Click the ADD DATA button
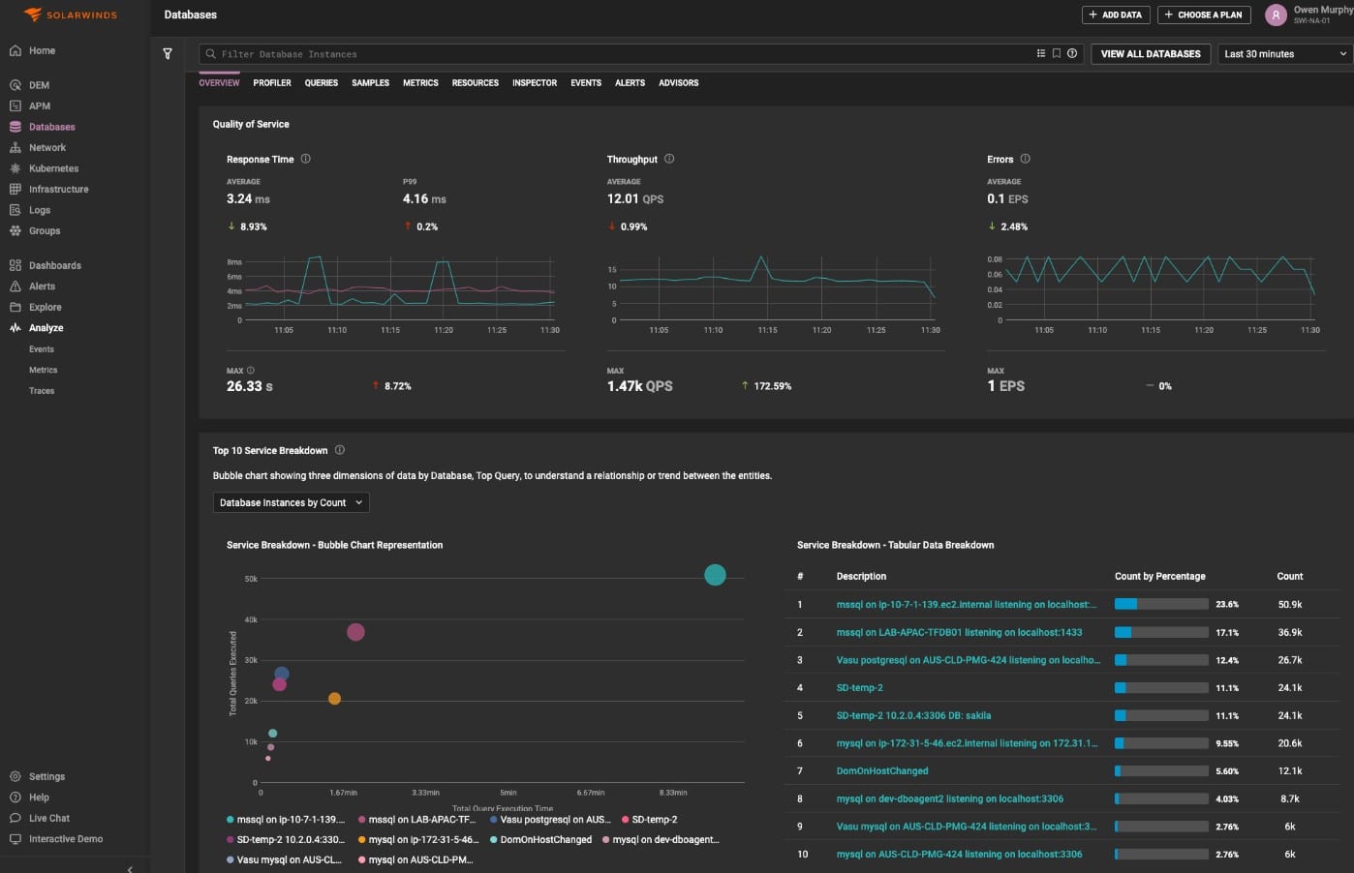coord(1115,15)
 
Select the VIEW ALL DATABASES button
coord(1150,54)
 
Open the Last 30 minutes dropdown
coord(1284,54)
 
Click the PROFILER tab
coord(272,83)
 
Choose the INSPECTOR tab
coord(535,83)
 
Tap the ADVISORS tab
coord(678,83)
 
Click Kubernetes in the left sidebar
coord(53,168)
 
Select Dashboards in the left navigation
coord(54,265)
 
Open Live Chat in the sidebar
coord(48,818)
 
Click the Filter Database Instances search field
coord(620,54)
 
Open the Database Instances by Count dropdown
coord(291,502)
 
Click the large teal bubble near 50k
coord(715,575)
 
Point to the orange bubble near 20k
coord(334,698)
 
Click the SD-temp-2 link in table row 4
coord(859,688)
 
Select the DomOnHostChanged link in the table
coord(881,771)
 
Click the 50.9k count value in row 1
coord(1289,605)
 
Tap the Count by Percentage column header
coord(1159,576)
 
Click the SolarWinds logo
coord(71,15)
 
